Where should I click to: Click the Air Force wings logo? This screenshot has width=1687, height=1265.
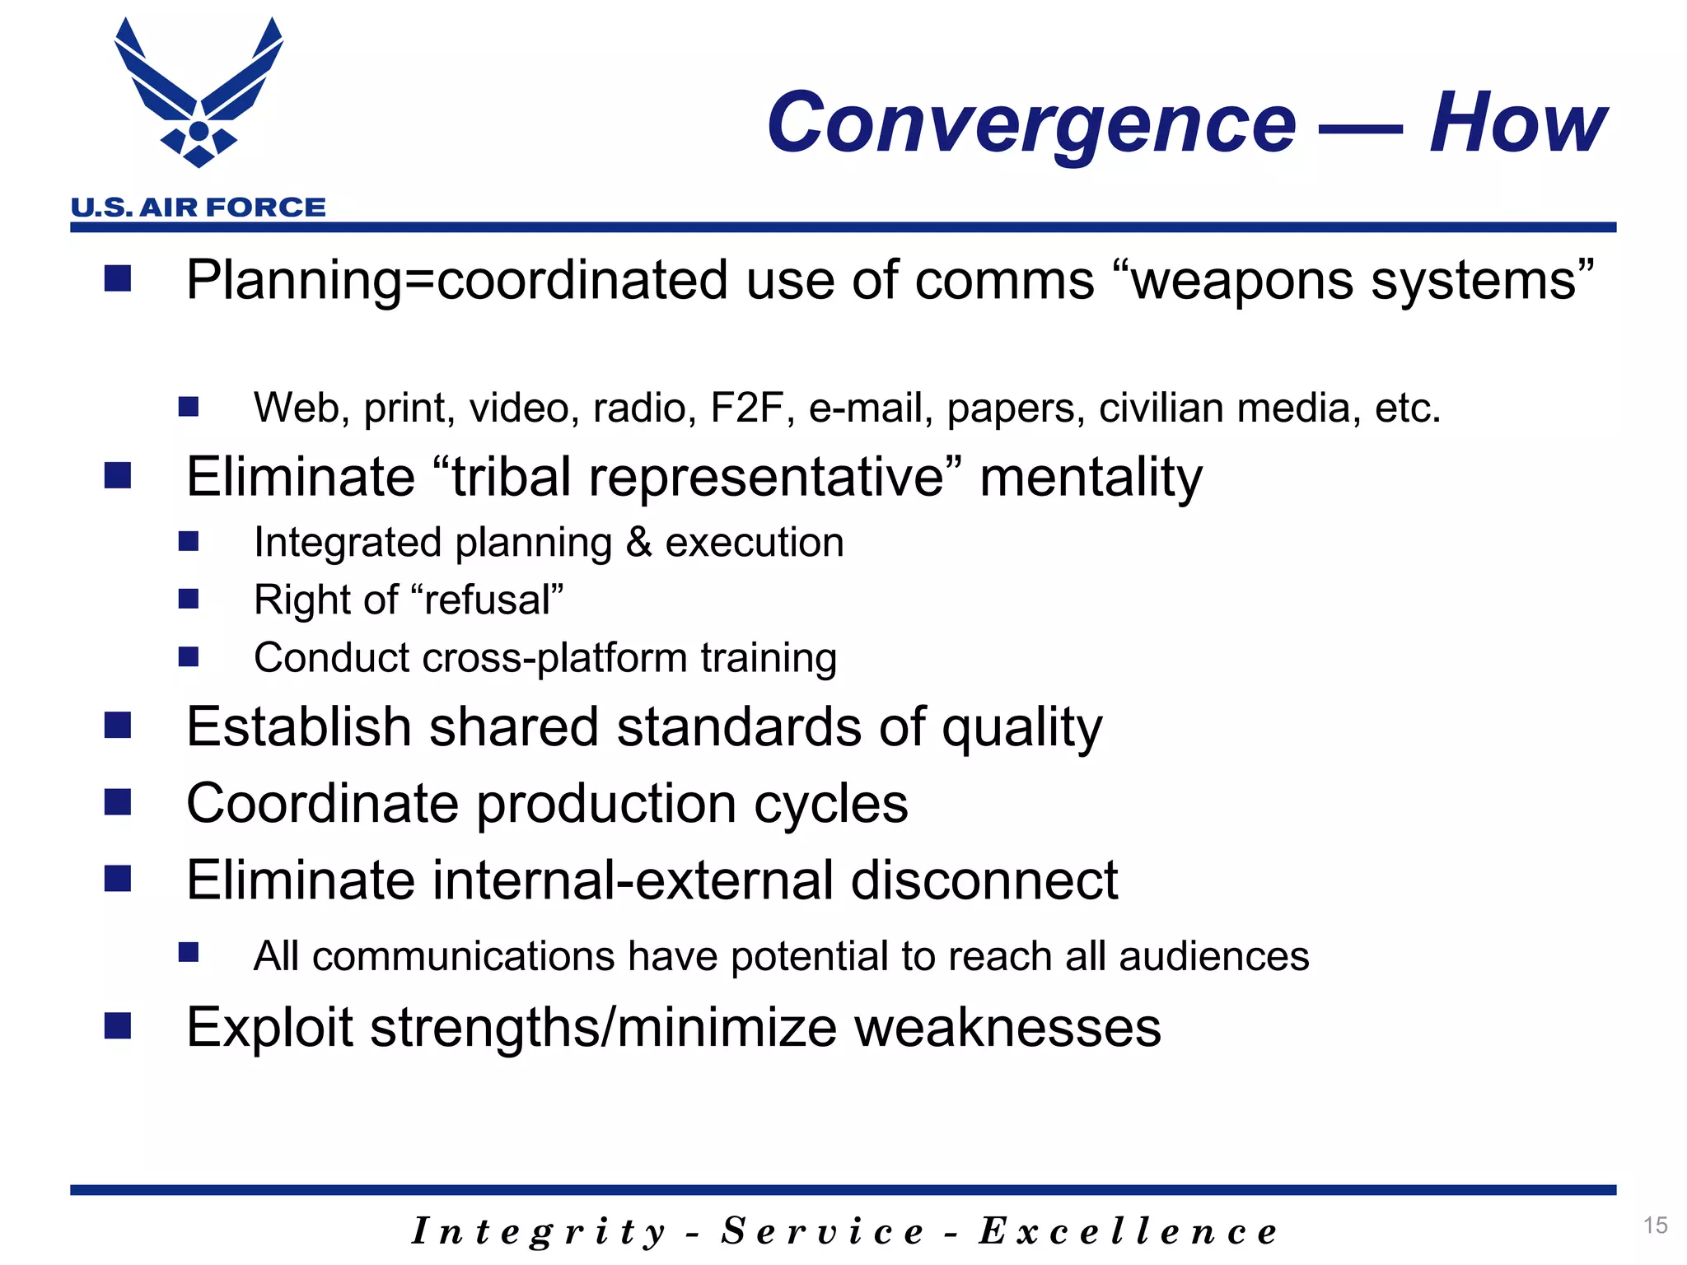tap(199, 95)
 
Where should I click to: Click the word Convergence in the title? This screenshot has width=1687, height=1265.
tap(1031, 124)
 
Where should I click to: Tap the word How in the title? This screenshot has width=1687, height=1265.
tap(1517, 124)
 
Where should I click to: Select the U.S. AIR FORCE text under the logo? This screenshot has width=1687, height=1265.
tap(199, 207)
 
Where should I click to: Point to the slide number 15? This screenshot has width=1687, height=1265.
tap(1655, 1225)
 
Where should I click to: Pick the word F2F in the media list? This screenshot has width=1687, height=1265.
tap(746, 408)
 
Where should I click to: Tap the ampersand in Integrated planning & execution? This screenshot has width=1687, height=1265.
tap(638, 543)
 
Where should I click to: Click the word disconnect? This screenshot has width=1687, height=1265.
tap(984, 880)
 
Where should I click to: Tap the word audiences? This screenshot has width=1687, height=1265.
tap(1213, 957)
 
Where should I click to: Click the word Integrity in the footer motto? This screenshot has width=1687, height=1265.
tap(539, 1232)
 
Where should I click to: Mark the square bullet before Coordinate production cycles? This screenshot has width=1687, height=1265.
tap(118, 802)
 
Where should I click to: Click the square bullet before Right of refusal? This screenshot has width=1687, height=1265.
tap(189, 599)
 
